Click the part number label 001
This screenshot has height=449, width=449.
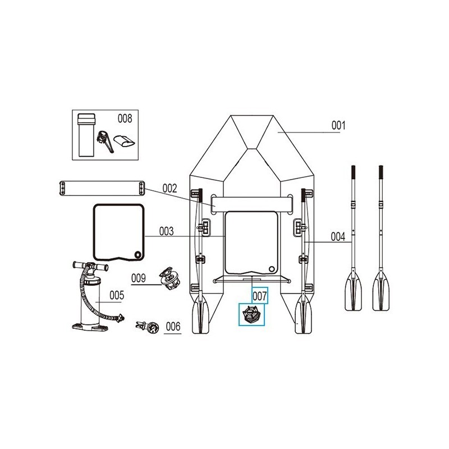tap(337, 125)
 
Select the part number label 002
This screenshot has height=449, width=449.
tap(169, 188)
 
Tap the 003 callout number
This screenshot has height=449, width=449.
tap(166, 231)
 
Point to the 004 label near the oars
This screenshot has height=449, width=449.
tap(337, 237)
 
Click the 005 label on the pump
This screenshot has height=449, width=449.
tap(116, 295)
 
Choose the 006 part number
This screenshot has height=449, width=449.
tap(173, 326)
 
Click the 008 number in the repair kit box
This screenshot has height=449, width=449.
tap(125, 118)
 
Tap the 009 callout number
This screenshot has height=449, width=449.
tap(139, 277)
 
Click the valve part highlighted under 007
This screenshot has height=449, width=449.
tap(250, 314)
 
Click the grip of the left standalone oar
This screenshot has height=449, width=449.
tap(354, 174)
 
